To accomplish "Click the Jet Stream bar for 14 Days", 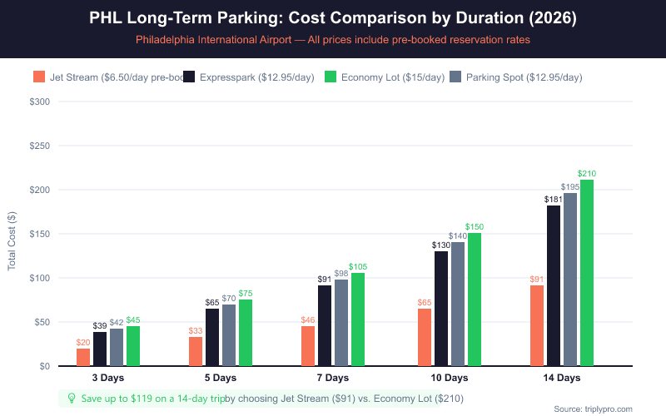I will (537, 325).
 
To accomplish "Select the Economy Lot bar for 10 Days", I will (475, 300).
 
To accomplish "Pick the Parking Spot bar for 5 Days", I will (229, 335).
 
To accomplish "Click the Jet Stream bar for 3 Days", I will (83, 357).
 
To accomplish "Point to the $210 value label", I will (587, 173).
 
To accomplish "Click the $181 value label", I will (554, 200).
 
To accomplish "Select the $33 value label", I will (196, 330).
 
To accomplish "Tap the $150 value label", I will (475, 226).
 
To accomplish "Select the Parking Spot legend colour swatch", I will (455, 77).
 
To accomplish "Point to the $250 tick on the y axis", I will (39, 146).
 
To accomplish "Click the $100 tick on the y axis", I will (39, 278).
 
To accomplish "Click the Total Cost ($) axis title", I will (12, 234).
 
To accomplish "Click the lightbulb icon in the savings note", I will (72, 399).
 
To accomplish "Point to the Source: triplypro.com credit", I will (593, 409).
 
